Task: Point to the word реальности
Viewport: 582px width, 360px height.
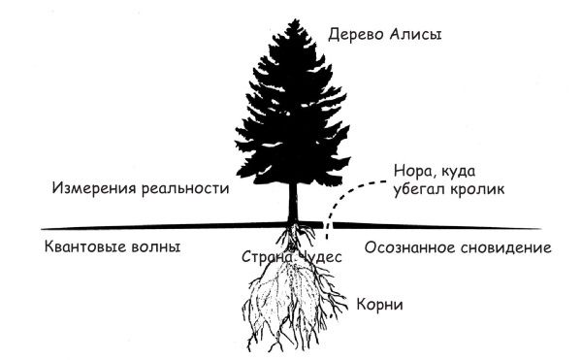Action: (186, 186)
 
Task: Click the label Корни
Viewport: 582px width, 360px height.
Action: (380, 305)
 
